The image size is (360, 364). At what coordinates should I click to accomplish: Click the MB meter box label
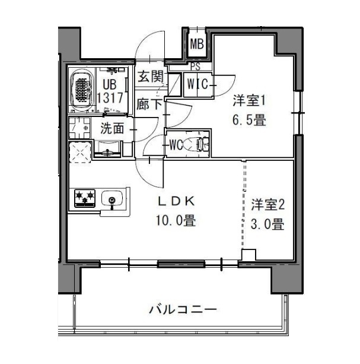[197, 43]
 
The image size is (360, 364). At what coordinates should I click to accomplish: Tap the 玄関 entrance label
[150, 77]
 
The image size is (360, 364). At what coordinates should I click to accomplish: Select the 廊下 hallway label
[149, 104]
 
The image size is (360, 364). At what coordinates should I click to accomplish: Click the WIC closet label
[197, 84]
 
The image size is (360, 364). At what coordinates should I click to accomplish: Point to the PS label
[195, 67]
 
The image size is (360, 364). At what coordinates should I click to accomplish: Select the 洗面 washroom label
[112, 128]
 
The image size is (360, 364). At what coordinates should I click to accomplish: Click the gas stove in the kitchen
[85, 197]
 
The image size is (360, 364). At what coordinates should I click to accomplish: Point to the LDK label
[175, 200]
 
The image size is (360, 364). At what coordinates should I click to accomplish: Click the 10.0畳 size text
[176, 221]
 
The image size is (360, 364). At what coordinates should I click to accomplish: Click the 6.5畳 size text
[248, 120]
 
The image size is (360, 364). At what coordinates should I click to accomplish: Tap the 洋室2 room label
[267, 205]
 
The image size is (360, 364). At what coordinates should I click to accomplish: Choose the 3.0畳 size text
[267, 224]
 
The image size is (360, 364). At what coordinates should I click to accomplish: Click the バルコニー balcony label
[182, 309]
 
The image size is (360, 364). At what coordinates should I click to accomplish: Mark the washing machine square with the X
[81, 153]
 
